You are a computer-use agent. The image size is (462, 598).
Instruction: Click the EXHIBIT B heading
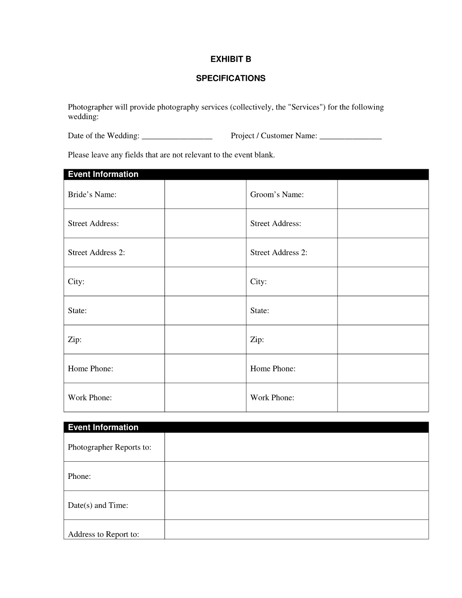[x=231, y=59]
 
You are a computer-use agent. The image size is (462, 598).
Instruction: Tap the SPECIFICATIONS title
[x=231, y=79]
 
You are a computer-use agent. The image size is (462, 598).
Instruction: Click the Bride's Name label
[x=92, y=195]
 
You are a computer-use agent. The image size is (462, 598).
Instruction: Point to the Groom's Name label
[x=277, y=195]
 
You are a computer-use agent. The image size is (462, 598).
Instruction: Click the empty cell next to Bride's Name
[x=205, y=195]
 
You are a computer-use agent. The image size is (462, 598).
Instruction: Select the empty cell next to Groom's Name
[x=383, y=195]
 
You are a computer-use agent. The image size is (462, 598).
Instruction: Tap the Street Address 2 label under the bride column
[x=96, y=253]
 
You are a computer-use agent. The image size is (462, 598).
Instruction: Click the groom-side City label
[x=258, y=282]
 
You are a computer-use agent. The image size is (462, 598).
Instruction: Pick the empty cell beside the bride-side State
[x=205, y=311]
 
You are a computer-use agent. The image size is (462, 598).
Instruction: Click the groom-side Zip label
[x=257, y=340]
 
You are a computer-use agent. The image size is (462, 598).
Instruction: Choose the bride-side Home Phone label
[x=90, y=369]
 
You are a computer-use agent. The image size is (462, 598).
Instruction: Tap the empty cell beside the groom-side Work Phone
[x=383, y=398]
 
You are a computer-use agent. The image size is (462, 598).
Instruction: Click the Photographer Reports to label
[x=109, y=447]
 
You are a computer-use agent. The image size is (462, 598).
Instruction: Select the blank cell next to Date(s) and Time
[x=296, y=505]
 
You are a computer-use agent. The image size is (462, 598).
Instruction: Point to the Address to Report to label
[x=103, y=534]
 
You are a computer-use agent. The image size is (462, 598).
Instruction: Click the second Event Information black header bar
[x=246, y=427]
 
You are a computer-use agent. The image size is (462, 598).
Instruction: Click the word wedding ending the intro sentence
[x=83, y=117]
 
